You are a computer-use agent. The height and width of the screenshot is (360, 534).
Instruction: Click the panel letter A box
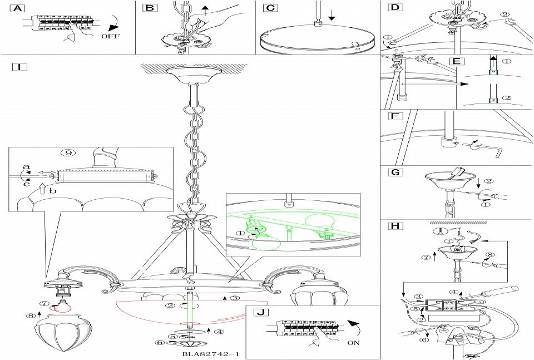click(18, 8)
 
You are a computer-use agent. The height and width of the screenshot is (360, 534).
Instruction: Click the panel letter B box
click(150, 8)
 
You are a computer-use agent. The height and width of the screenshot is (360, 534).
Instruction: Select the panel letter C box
click(270, 8)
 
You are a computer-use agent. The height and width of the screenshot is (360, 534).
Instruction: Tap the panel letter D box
click(394, 8)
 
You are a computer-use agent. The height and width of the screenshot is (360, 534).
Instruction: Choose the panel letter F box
click(394, 117)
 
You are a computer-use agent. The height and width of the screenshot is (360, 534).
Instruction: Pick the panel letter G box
click(394, 172)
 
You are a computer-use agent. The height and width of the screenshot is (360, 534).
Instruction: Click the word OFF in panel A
click(110, 37)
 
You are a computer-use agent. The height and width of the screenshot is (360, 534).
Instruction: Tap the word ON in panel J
click(353, 343)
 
